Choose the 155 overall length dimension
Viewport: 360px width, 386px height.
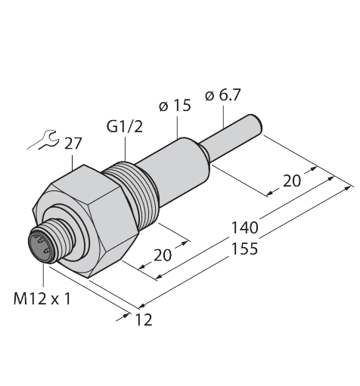pyautogui.click(x=244, y=249)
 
